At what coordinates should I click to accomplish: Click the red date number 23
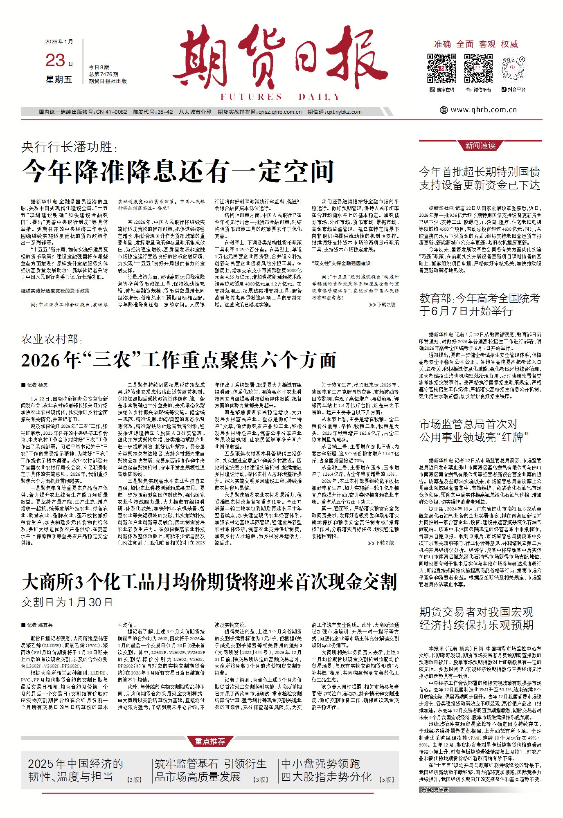point(55,61)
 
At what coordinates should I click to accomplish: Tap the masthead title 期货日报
point(280,60)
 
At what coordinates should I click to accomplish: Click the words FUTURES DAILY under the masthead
point(280,97)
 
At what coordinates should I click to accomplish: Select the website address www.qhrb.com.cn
point(483,110)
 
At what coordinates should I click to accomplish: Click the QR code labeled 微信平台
point(478,68)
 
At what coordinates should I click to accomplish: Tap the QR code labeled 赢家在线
point(441,68)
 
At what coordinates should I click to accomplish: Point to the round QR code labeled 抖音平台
point(515,68)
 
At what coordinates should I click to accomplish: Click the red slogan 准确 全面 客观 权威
point(476,44)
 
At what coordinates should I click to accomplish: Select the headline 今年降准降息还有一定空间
point(178,171)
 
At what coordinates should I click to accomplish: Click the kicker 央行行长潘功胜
point(69,147)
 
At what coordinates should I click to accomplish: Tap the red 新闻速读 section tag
point(480,145)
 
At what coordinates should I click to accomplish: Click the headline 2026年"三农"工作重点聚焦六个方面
point(178,360)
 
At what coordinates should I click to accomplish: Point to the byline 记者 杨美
point(35,385)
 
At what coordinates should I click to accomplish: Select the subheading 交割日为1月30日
point(67,602)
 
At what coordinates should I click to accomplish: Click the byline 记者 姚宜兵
point(37,625)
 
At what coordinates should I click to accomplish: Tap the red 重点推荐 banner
point(209,741)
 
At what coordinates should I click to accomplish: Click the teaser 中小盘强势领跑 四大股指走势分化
point(326,770)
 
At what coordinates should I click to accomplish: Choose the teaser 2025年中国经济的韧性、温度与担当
point(75,770)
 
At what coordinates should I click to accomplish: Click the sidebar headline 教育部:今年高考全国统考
point(479,304)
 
